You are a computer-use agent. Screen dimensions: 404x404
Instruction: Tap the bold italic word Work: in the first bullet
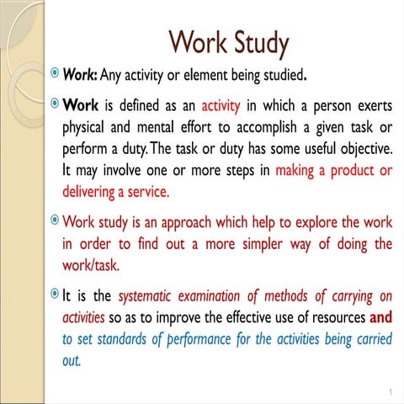[80, 76]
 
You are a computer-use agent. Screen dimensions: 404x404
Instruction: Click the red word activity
[221, 107]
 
